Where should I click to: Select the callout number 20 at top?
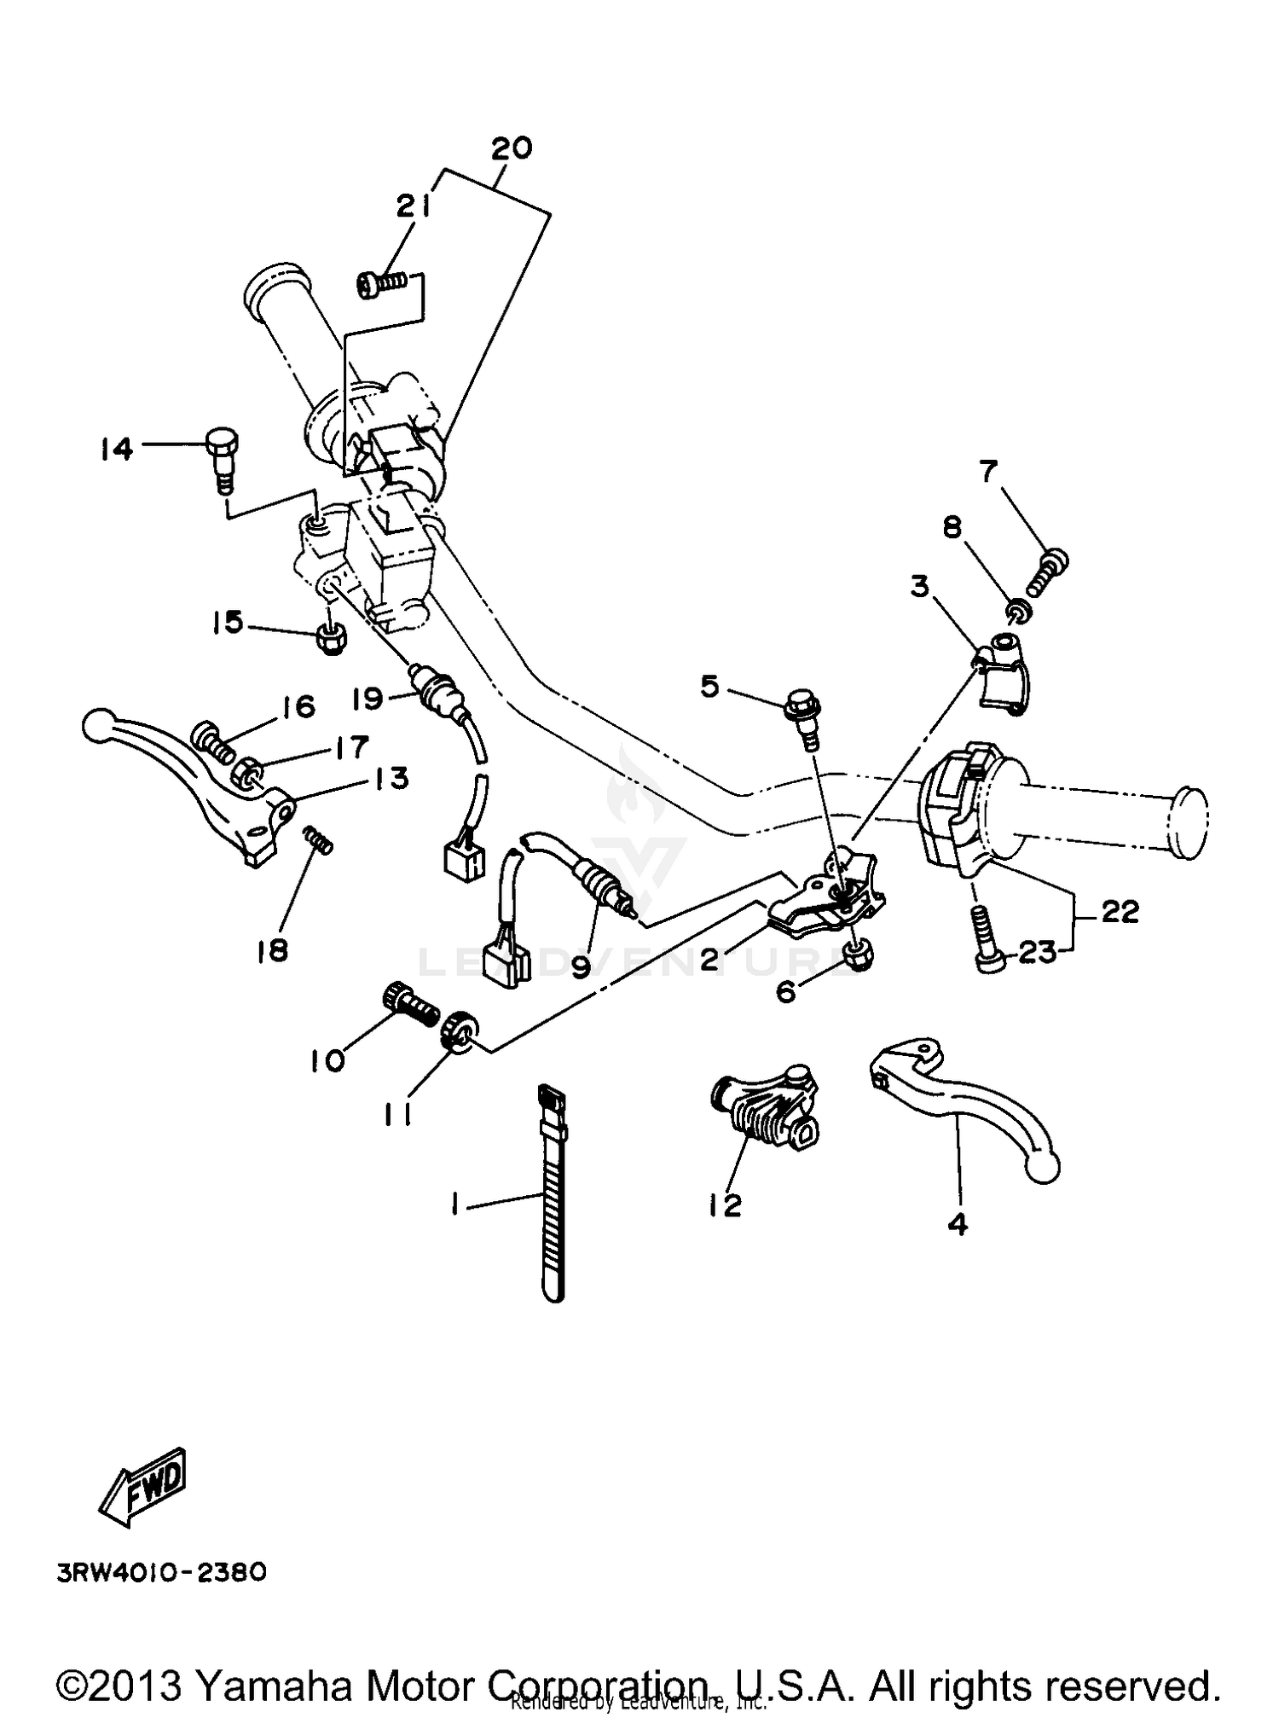tap(512, 148)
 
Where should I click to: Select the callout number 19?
tap(368, 699)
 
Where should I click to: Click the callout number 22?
tap(1120, 911)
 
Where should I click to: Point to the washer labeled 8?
tap(1017, 612)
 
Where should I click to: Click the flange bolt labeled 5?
tap(803, 710)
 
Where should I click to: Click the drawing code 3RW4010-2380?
tap(162, 1571)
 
